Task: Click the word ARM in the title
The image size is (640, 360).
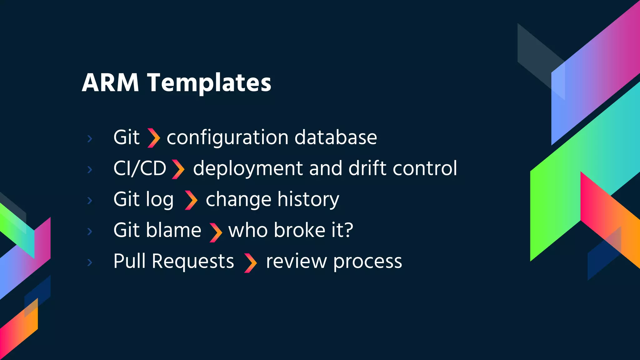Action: click(x=110, y=83)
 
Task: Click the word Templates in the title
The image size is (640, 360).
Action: click(x=209, y=83)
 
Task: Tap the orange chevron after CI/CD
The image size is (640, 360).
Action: click(x=178, y=169)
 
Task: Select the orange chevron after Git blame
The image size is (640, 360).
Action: click(x=216, y=232)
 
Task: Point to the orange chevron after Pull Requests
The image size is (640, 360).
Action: click(x=250, y=263)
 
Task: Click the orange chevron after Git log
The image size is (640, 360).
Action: click(x=191, y=200)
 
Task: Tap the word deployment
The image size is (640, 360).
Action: click(x=248, y=169)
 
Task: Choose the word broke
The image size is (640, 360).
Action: click(x=300, y=230)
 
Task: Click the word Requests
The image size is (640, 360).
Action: click(x=193, y=261)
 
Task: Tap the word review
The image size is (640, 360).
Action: click(x=296, y=262)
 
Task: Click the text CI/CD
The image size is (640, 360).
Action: click(x=140, y=168)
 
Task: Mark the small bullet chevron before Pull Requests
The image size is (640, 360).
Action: click(x=90, y=262)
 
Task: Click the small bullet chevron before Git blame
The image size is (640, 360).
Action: click(x=90, y=232)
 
